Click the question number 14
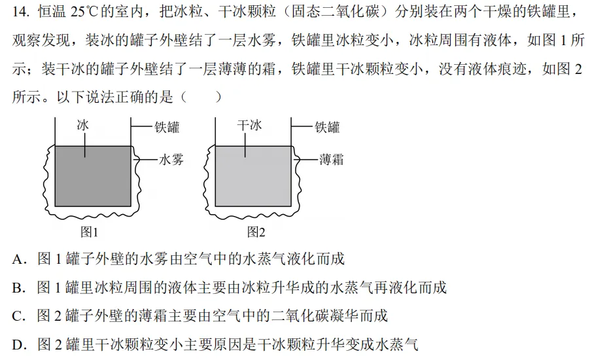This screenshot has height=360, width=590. coord(21,12)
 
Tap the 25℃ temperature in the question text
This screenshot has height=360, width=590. coord(84,12)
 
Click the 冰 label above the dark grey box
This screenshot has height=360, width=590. coord(83,125)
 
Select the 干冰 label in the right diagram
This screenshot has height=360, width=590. coord(249,125)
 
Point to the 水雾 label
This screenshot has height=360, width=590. coord(171,160)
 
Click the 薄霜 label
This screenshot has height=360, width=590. coord(332,159)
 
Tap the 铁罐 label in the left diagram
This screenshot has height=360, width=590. coord(167,127)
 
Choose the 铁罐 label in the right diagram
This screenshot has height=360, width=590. coord(327,127)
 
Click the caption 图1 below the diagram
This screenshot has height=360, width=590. coord(90,232)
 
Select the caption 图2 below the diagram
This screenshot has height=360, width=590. coord(256,232)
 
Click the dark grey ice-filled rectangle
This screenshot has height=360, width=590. coord(93,176)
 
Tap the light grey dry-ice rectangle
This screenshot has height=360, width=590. coord(253,176)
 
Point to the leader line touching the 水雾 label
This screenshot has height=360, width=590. coord(145,160)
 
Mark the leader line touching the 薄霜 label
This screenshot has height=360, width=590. coord(305,160)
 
